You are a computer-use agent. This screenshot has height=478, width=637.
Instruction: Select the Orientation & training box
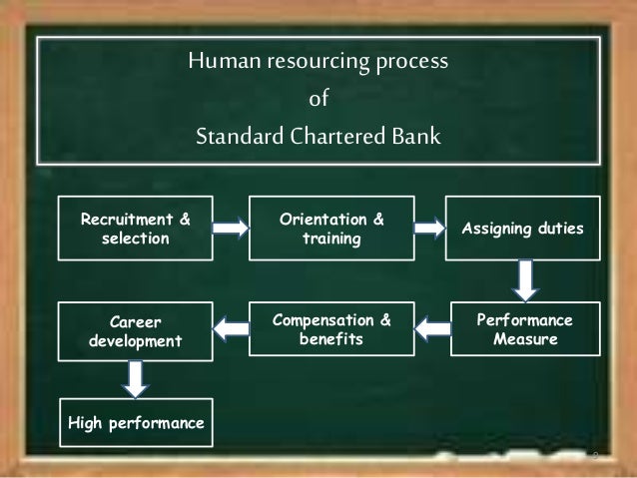331,230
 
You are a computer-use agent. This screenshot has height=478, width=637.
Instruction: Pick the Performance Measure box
525,329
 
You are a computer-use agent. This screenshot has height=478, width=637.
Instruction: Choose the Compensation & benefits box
331,329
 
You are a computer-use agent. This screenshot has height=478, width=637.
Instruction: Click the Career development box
136,329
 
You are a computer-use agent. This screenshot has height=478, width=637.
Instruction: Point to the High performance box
136,424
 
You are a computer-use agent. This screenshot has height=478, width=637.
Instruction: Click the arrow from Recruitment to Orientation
231,229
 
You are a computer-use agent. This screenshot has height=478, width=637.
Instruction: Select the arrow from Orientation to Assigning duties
430,229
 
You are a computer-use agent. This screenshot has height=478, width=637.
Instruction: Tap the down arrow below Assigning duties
526,279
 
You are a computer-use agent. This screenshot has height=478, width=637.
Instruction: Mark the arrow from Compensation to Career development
234,325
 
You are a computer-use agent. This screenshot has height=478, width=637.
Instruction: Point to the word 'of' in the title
318,100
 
